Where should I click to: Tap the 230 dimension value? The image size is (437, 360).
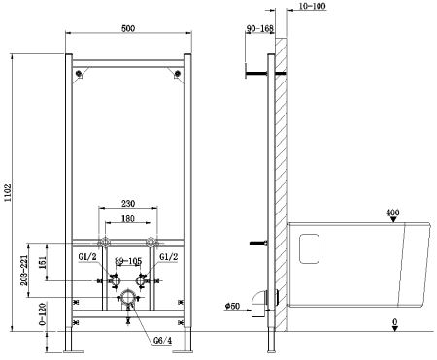(x=126, y=203)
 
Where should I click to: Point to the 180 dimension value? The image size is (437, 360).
(x=126, y=219)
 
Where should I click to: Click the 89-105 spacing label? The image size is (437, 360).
(x=126, y=262)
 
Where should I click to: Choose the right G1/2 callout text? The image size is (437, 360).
(x=167, y=256)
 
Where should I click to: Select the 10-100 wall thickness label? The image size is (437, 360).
(x=314, y=8)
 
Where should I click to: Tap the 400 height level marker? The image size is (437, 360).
(x=392, y=213)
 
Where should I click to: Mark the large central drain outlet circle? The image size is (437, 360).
(x=126, y=295)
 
